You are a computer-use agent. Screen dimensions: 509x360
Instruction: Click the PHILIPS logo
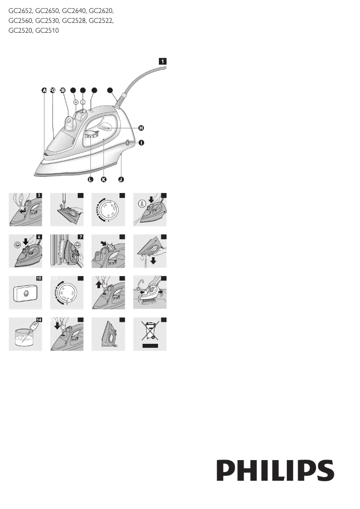click(276, 470)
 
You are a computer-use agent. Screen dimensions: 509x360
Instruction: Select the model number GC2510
click(47, 31)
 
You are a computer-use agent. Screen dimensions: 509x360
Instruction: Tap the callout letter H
click(141, 128)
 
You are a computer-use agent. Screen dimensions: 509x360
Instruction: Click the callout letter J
click(121, 179)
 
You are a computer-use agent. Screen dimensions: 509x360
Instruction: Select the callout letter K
click(104, 179)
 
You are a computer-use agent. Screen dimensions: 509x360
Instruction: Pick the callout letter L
click(90, 179)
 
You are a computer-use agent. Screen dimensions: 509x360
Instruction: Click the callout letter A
click(44, 90)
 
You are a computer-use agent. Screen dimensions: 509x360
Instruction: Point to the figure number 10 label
click(39, 278)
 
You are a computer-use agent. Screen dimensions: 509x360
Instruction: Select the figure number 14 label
click(39, 320)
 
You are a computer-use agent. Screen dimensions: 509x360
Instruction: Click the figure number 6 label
click(39, 237)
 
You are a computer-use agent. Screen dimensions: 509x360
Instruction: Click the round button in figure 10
click(26, 294)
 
